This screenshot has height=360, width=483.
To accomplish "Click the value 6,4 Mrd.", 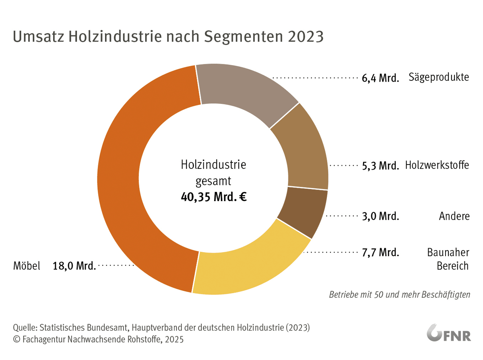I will click(x=380, y=78).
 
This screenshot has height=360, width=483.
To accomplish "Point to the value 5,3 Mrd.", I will click(x=380, y=166).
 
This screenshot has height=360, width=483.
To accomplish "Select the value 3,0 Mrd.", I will click(x=380, y=216).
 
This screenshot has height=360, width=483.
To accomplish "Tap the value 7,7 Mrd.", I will click(x=380, y=253).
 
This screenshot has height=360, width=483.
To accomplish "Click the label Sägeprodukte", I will click(x=439, y=77).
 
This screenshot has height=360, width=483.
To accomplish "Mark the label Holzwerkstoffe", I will click(x=437, y=165).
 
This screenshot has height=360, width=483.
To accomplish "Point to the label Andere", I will click(x=454, y=216).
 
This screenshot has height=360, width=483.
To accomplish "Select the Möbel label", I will click(x=27, y=266).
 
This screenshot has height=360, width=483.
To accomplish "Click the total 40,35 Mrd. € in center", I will click(x=213, y=197).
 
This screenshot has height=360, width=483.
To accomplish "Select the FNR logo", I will click(x=449, y=333).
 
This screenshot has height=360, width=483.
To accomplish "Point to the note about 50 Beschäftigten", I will click(x=399, y=294).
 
